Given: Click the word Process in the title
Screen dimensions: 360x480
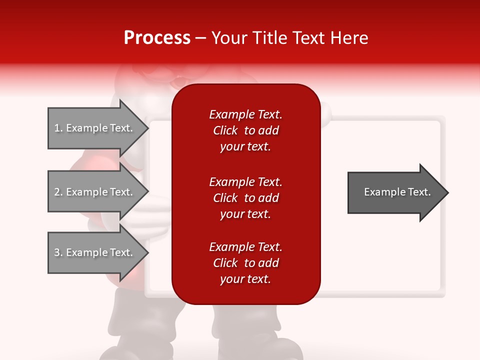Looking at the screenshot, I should pos(157,38).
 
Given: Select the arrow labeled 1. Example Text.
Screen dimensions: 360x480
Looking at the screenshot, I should pos(95,128).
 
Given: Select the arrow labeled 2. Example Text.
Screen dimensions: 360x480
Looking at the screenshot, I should pos(95,192).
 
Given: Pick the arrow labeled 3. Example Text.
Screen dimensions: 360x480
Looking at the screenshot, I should pos(95,252).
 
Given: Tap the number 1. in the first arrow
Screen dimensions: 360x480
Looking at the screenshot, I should pos(58,128).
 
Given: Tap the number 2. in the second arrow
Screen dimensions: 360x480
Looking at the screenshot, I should pos(58,192).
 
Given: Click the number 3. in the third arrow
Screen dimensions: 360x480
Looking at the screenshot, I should pos(58,252).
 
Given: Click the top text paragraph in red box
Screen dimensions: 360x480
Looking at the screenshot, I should pos(245,130).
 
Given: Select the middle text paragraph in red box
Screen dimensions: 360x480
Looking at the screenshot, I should pos(245,198).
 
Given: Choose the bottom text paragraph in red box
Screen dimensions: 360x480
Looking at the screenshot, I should pos(245,263).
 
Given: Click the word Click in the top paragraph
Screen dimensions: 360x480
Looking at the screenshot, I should pos(225,130).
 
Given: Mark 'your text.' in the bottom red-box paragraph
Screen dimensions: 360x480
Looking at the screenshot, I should pos(245,279).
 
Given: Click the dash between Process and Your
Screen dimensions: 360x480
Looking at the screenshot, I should pos(200,38).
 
